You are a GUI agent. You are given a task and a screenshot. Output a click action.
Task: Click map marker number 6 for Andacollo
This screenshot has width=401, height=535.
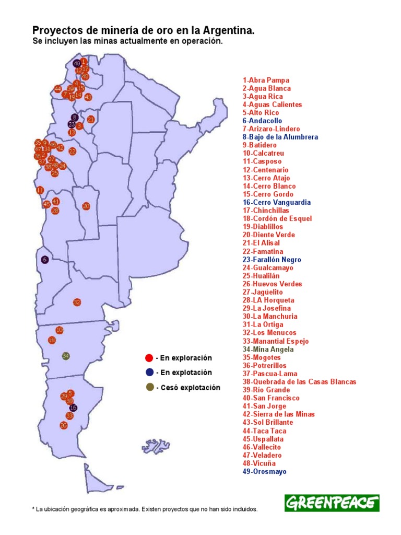click(x=45, y=259)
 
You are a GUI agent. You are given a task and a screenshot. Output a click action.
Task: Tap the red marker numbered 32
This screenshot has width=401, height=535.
click(x=77, y=302)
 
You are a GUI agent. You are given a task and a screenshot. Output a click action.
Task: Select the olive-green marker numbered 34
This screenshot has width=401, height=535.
click(x=66, y=356)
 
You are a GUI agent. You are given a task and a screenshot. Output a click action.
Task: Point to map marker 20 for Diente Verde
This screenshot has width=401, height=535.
click(x=86, y=206)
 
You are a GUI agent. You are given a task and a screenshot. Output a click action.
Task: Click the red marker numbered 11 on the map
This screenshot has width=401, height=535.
click(x=40, y=190)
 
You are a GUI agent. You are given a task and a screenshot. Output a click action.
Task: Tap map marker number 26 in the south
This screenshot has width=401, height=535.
click(x=64, y=425)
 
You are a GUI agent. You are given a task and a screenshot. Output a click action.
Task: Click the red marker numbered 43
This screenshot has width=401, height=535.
click(x=88, y=97)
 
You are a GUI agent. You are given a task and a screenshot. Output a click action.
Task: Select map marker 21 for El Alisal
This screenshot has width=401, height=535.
click(x=91, y=119)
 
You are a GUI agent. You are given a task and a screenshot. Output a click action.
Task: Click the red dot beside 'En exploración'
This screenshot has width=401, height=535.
click(x=149, y=358)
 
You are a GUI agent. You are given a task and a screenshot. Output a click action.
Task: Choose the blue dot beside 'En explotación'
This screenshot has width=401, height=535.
click(x=149, y=373)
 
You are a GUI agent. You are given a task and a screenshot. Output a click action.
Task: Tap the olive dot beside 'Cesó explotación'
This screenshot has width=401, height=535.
click(x=149, y=387)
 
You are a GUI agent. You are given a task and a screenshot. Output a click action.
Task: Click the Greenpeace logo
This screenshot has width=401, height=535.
click(x=332, y=503)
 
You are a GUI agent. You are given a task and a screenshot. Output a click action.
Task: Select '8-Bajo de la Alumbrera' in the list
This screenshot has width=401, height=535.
click(x=280, y=137)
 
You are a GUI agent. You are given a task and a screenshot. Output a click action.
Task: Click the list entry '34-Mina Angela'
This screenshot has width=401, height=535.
click(x=268, y=349)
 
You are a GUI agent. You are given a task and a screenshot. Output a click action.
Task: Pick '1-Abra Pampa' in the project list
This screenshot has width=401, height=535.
click(x=266, y=80)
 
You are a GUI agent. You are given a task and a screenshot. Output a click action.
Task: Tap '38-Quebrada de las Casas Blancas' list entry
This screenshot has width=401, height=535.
click(x=299, y=381)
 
